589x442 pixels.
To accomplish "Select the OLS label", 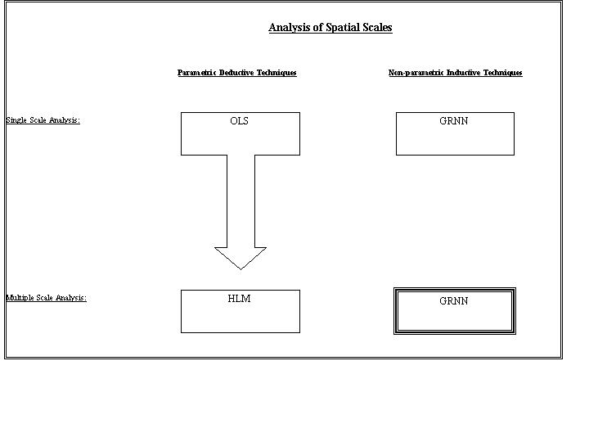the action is pyautogui.click(x=239, y=120).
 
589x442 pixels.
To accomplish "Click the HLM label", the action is pyautogui.click(x=239, y=299).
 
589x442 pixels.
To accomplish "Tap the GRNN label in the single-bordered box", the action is pyautogui.click(x=454, y=120).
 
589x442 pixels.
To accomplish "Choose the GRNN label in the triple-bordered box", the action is pyautogui.click(x=454, y=300).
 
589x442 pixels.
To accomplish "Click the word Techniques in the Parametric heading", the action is pyautogui.click(x=277, y=73).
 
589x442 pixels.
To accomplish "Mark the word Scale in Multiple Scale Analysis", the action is pyautogui.click(x=45, y=298).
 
